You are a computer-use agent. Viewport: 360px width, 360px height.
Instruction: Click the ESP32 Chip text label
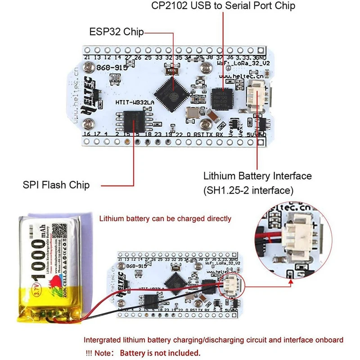116,32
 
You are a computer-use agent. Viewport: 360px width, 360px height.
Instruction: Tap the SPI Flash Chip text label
56,185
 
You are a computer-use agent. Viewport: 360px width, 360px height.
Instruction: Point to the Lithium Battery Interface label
257,175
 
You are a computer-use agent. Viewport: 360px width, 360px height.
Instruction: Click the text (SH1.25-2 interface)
248,190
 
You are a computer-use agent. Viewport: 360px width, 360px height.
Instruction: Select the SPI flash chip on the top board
133,121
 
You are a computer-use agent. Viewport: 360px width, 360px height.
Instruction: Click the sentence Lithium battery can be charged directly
165,219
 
